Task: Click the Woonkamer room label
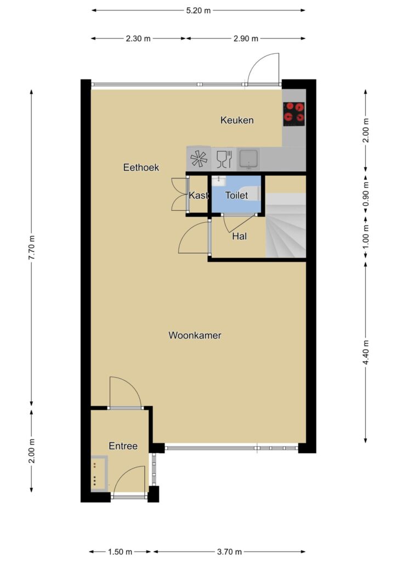click(x=195, y=335)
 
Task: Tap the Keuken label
click(x=237, y=120)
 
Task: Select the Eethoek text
click(x=141, y=167)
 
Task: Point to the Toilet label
click(x=237, y=195)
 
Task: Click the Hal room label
click(x=239, y=236)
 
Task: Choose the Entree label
click(x=123, y=446)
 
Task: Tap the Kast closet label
click(x=198, y=195)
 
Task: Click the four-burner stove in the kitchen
click(x=294, y=114)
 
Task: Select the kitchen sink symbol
click(x=248, y=159)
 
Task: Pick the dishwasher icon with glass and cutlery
click(x=224, y=159)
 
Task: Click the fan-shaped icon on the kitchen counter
click(x=199, y=159)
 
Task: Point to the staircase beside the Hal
click(x=286, y=225)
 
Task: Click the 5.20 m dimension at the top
click(x=198, y=10)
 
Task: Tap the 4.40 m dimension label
click(x=366, y=352)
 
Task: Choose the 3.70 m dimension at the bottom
click(x=229, y=552)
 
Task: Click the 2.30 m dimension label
click(x=138, y=38)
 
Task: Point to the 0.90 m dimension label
click(x=366, y=195)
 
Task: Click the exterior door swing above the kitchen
click(x=263, y=68)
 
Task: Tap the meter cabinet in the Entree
click(x=99, y=473)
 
